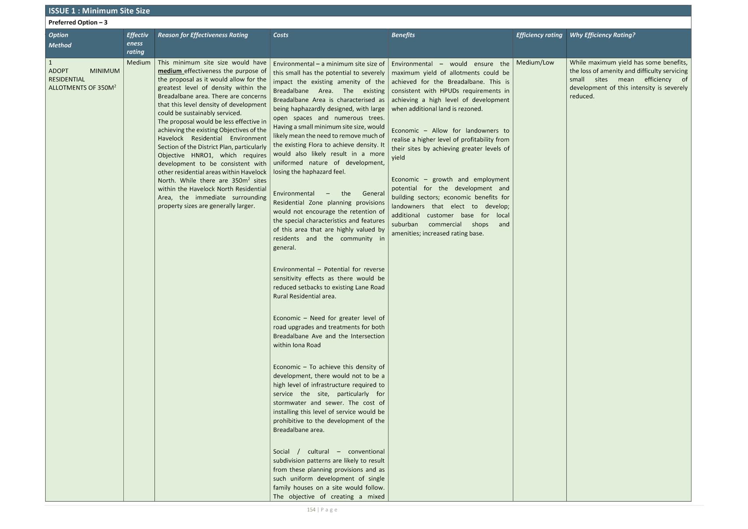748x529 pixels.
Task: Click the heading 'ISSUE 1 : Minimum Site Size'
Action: point(99,11)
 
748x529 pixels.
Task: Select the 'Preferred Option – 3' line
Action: point(78,22)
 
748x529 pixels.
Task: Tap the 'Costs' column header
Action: point(280,35)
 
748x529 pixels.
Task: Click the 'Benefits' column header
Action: point(403,35)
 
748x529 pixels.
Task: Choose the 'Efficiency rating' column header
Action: point(539,35)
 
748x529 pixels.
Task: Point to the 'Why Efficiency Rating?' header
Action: point(602,35)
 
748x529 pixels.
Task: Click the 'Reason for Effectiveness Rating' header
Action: point(202,35)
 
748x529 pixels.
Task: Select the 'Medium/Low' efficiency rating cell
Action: point(535,63)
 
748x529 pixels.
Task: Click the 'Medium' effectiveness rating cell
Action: point(138,63)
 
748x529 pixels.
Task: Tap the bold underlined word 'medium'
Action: point(170,71)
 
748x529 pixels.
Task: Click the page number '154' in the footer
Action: point(311,510)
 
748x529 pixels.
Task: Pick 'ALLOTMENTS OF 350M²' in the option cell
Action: point(82,88)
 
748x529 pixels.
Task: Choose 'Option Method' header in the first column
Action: point(60,40)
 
